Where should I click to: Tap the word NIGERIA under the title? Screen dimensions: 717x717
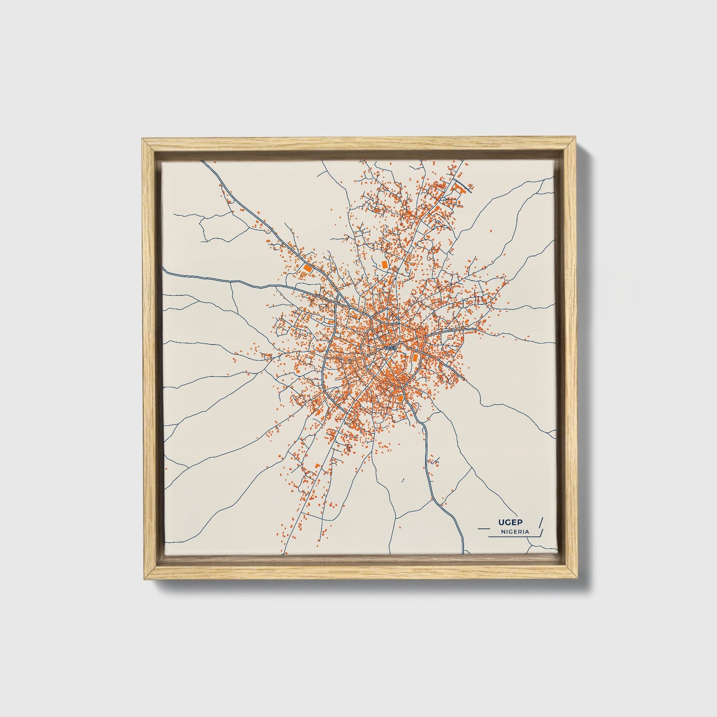tap(515, 531)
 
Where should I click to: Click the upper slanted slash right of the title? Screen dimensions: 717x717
tap(540, 522)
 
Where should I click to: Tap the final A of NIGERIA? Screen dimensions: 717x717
tap(526, 531)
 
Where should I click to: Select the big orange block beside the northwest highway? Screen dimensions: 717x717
tap(308, 267)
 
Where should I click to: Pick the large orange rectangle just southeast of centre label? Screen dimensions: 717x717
tap(415, 357)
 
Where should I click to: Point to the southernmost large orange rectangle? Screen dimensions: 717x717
tap(401, 397)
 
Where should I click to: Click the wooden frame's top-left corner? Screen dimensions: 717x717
tap(142, 141)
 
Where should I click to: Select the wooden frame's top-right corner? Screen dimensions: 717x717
tap(575, 141)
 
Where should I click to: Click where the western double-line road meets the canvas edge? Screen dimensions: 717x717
tap(164, 271)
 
